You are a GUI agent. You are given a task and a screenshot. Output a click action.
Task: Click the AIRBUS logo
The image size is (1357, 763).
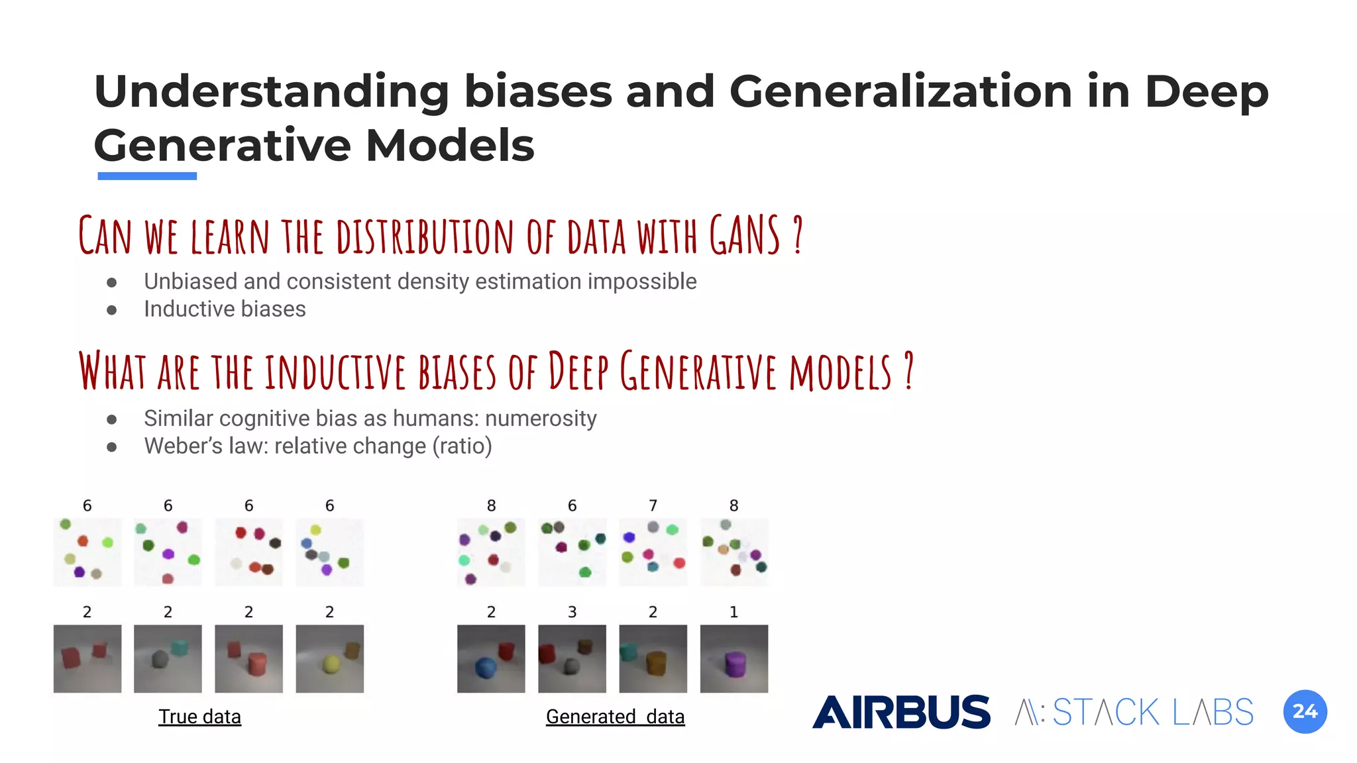point(901,712)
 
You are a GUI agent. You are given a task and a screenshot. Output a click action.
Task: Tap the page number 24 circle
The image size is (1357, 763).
point(1305,711)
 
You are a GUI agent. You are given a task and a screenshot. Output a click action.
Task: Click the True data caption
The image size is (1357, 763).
point(199,717)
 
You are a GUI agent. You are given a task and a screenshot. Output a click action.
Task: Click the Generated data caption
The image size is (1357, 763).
point(615,717)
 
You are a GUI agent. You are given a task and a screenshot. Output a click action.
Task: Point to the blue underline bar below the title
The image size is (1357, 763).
point(147,176)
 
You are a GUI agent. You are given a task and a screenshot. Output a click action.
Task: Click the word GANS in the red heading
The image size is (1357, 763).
point(745,236)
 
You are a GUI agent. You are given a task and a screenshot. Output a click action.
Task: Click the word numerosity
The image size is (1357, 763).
point(541,419)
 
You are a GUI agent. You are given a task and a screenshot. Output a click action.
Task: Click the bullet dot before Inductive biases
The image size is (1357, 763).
point(112,310)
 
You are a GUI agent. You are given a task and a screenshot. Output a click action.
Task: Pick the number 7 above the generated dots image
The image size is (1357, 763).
point(653,506)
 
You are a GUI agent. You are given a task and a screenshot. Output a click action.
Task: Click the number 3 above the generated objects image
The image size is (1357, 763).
point(572,612)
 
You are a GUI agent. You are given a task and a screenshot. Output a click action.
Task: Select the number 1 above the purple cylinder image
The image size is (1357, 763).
point(733,612)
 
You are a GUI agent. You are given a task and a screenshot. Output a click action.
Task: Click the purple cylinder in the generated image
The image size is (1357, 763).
point(735,664)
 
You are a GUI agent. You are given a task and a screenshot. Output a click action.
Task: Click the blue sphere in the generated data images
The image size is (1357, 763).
point(486,668)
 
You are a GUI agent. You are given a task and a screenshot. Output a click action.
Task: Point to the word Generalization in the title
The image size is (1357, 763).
point(900,91)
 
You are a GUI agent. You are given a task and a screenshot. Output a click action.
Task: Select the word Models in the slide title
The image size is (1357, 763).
point(450,146)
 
